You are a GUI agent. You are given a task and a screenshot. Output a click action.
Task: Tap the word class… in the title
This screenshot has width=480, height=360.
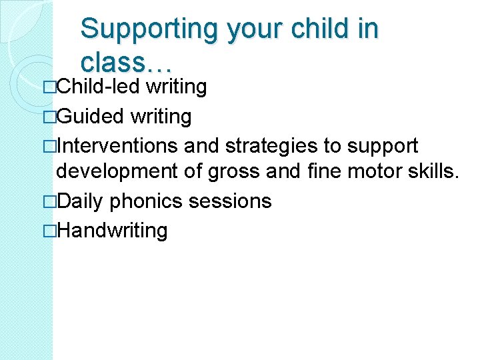127,62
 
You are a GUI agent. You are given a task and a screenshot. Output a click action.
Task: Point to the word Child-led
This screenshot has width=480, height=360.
99,87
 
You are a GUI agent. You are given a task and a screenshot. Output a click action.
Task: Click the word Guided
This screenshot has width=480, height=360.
91,117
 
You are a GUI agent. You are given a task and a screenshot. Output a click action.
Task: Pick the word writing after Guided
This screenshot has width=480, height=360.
161,117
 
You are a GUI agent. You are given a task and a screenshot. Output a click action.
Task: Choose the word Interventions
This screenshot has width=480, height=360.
117,145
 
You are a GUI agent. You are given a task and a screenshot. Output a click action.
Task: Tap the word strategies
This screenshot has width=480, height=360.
271,145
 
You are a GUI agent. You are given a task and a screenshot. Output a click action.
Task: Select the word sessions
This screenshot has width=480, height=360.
231,201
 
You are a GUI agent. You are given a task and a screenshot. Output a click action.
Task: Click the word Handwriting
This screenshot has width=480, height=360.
112,231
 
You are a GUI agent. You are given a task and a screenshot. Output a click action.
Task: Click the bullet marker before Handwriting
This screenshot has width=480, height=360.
51,231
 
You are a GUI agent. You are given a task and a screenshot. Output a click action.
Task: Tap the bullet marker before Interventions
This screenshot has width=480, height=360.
51,145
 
